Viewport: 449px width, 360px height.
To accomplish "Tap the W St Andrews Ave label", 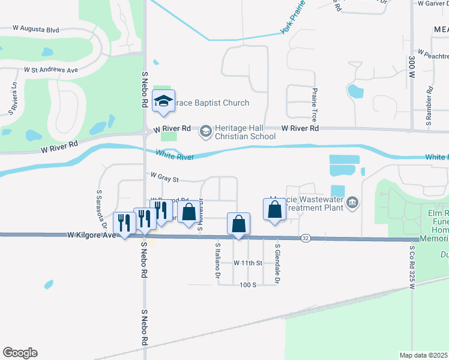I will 51,70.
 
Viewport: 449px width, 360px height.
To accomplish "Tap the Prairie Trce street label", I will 314,104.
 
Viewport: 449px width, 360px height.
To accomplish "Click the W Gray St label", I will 165,178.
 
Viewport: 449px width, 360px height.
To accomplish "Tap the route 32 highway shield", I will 306,238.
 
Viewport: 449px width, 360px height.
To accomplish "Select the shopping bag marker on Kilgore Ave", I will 238,224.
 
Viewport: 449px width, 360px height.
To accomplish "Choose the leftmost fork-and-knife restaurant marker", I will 124,223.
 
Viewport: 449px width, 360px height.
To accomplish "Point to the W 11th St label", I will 249,263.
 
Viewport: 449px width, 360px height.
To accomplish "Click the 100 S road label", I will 248,284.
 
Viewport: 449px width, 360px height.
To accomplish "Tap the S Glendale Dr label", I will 277,263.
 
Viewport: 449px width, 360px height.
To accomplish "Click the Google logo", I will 20,353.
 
